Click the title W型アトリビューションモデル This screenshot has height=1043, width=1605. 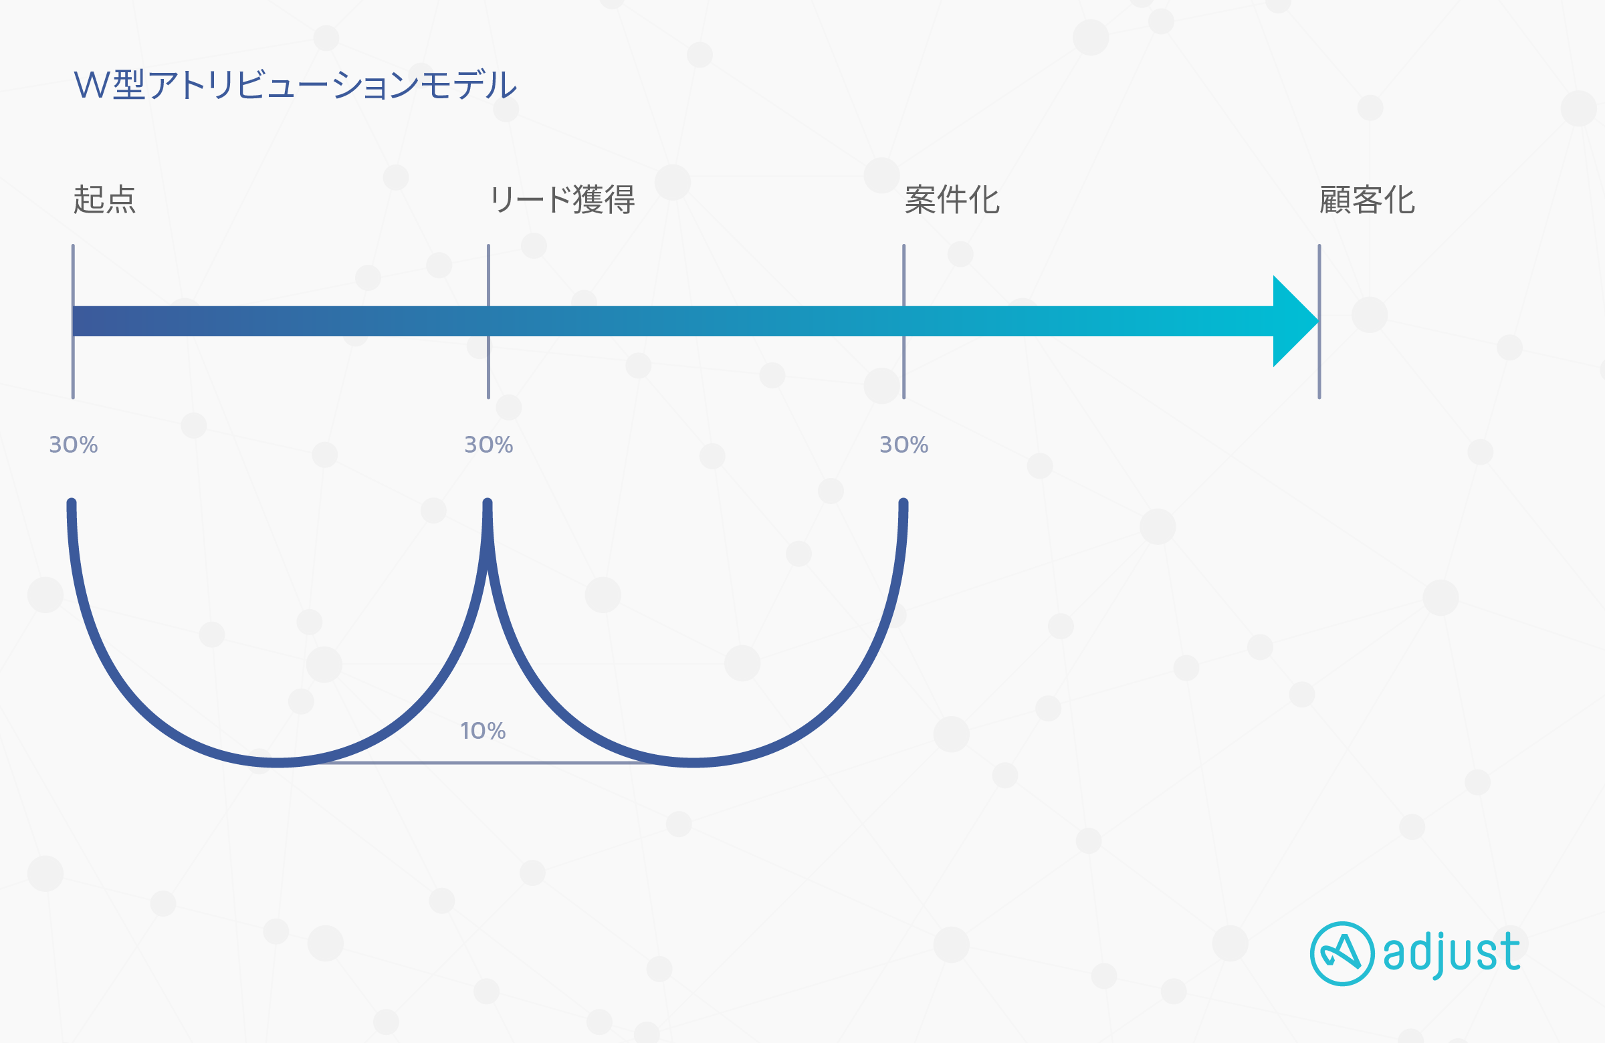pos(295,85)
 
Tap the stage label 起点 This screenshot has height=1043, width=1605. pos(104,200)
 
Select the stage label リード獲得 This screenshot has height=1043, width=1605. pos(562,200)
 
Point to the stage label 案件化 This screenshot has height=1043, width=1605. pos(952,200)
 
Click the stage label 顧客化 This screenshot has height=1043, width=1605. pos(1367,200)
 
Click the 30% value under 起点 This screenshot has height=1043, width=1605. pos(74,445)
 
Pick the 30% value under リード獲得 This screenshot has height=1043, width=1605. pos(489,445)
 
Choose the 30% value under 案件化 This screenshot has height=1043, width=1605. pos(904,445)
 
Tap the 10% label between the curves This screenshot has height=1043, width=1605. pos(483,731)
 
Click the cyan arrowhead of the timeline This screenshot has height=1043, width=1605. pos(1293,321)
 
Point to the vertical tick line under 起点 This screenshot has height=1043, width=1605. pos(73,322)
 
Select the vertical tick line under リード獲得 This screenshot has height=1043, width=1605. pos(488,322)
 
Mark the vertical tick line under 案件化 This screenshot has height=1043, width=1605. pos(903,322)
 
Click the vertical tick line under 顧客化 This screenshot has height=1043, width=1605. pos(1319,322)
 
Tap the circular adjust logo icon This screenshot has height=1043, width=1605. pos(1342,953)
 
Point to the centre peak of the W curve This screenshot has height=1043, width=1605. pos(488,503)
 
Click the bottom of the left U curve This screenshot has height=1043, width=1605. pos(278,763)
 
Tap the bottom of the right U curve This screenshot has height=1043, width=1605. pos(694,763)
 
